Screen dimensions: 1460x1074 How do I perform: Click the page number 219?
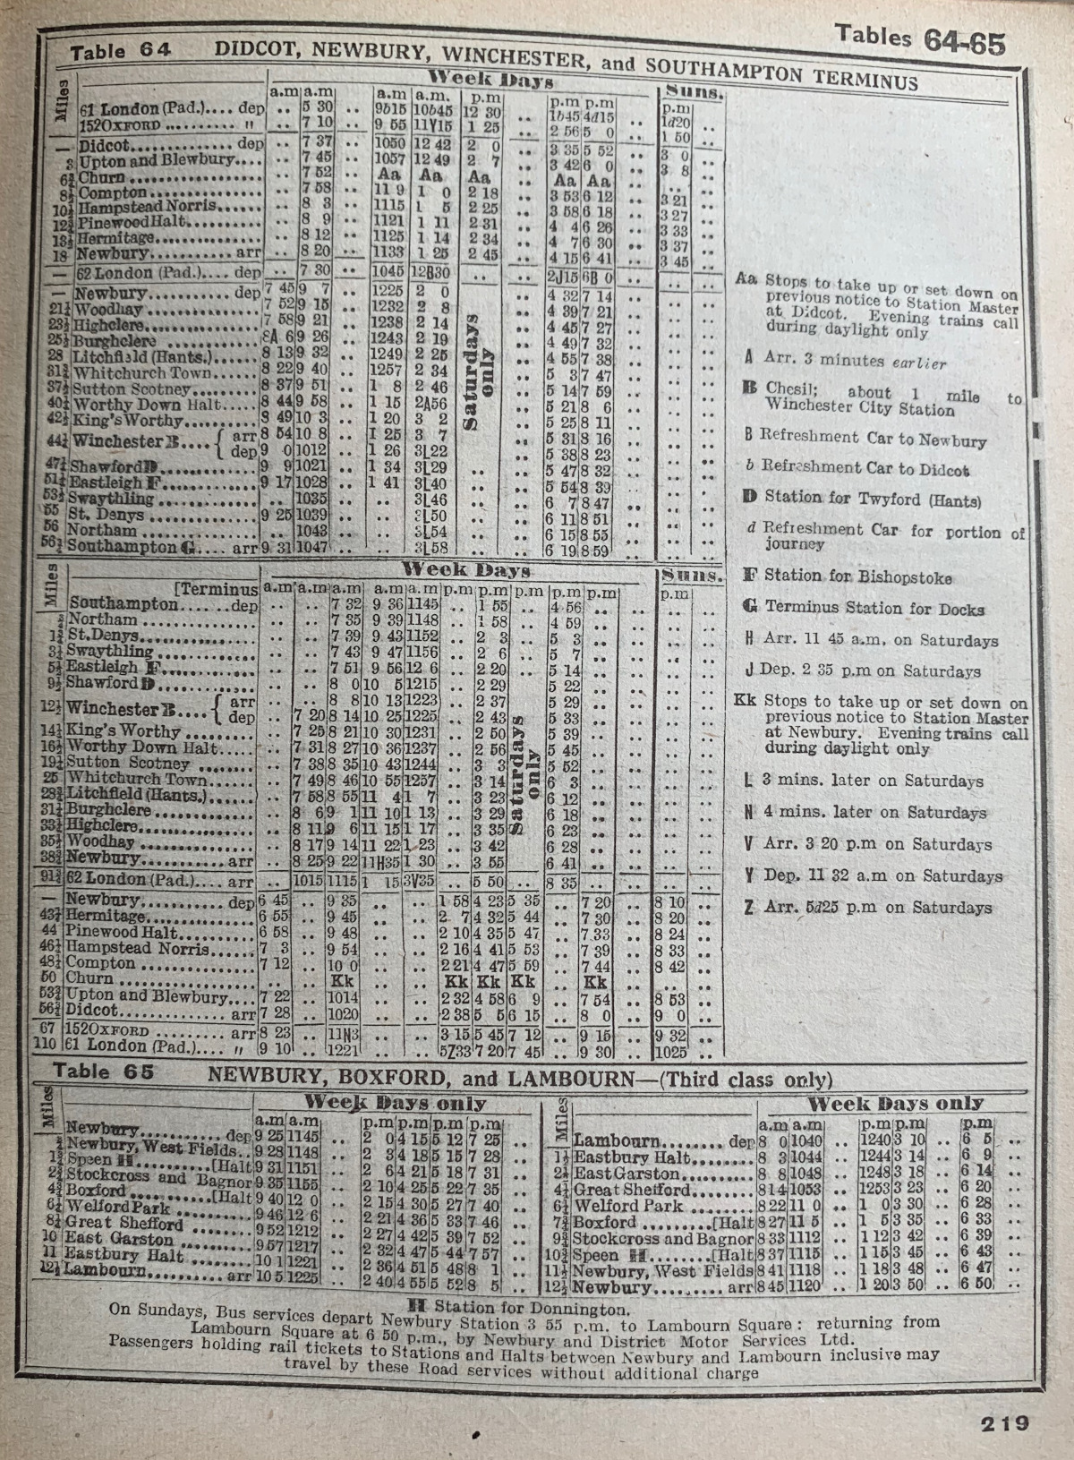pos(1004,1422)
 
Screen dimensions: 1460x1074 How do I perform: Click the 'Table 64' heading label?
pos(120,50)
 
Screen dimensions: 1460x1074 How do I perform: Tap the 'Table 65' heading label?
pos(103,1072)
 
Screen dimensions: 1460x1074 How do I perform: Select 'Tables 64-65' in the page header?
pos(919,39)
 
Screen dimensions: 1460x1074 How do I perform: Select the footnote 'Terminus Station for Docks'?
pos(874,608)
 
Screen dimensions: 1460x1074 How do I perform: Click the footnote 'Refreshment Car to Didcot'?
pos(865,468)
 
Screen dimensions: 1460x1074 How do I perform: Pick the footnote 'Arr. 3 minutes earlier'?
pos(855,361)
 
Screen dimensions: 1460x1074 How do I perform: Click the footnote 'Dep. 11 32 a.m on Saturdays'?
pos(882,876)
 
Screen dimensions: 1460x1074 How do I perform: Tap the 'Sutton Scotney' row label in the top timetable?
pos(132,389)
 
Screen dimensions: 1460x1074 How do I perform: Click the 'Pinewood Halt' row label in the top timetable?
pos(132,221)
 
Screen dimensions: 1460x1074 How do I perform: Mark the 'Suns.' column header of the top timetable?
pos(694,92)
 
